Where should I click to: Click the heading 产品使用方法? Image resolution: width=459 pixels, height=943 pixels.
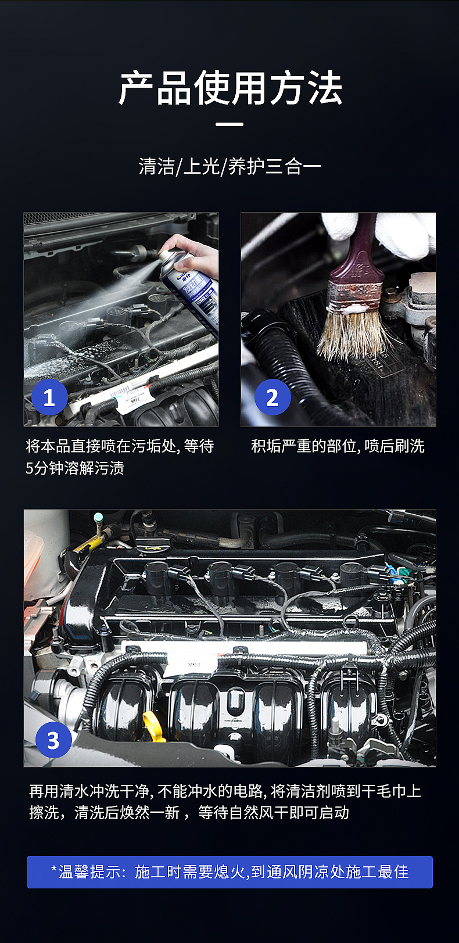tap(230, 88)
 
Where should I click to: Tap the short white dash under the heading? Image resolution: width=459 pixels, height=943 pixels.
tap(229, 124)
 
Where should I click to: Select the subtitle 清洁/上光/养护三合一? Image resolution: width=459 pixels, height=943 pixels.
tap(230, 166)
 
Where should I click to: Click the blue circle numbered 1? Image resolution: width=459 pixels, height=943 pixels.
tap(49, 397)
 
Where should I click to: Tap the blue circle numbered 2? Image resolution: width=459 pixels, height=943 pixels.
tap(272, 397)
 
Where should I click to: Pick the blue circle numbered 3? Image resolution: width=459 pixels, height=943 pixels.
tap(53, 740)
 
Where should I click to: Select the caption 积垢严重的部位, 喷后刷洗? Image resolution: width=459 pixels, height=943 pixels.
tap(338, 446)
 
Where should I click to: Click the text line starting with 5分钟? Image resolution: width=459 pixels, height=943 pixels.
tap(74, 468)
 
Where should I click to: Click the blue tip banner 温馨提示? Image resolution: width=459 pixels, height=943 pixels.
tap(229, 872)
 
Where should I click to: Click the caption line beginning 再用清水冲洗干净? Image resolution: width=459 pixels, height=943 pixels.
tap(225, 791)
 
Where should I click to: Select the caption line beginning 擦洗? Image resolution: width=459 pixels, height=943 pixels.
tap(189, 812)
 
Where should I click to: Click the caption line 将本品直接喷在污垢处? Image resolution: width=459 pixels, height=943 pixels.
tap(120, 446)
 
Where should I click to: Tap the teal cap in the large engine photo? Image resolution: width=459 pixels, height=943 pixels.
tap(99, 517)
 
